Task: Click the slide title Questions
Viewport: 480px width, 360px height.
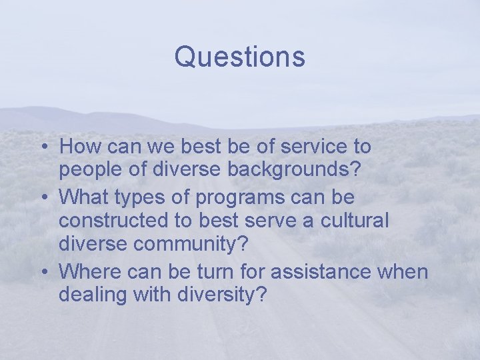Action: tap(239, 57)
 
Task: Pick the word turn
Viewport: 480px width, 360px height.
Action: tap(217, 271)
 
